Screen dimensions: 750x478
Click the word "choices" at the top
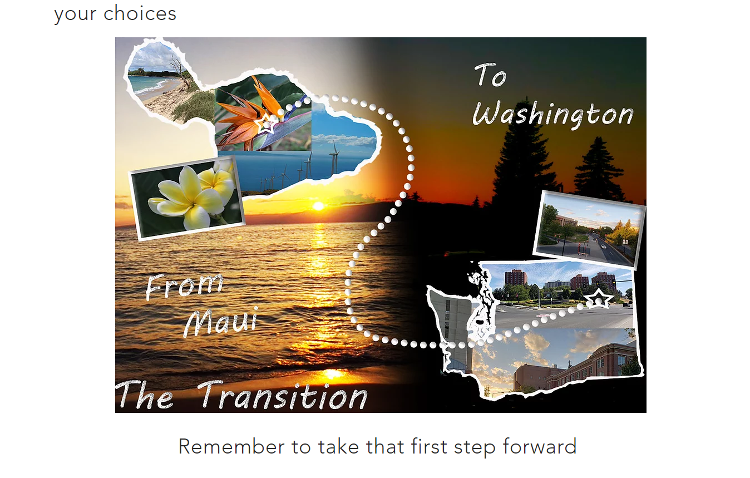coord(140,13)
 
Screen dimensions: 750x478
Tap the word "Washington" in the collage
coord(553,114)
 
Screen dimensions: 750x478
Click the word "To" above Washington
coord(491,75)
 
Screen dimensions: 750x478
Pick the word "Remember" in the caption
coord(231,447)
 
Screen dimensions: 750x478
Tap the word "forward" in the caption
coord(540,447)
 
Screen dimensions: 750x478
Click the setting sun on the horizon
coord(318,206)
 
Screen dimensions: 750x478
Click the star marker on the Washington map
coord(598,298)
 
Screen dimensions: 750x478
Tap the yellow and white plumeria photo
coord(187,198)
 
